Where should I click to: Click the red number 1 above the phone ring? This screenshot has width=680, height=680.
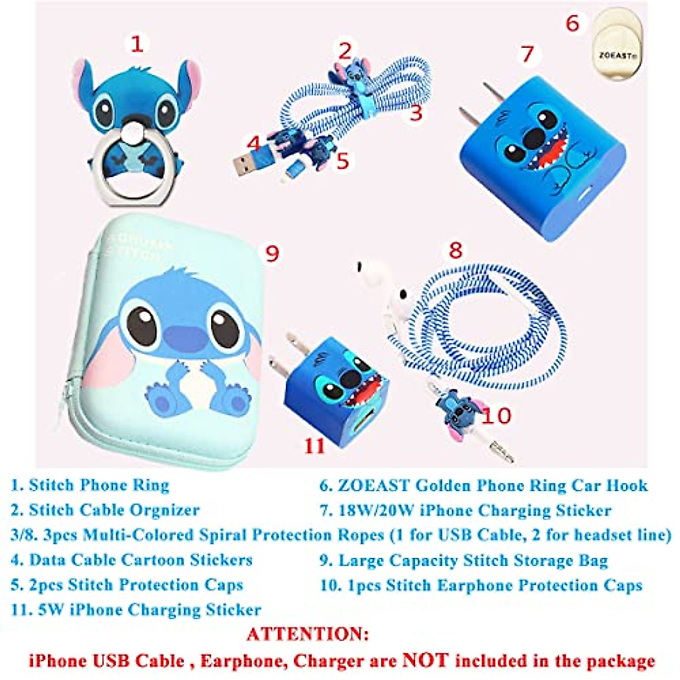(137, 44)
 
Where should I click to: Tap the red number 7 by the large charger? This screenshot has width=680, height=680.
(528, 54)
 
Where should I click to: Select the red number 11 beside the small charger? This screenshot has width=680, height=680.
(314, 445)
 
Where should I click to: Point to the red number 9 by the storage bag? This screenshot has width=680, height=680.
(273, 253)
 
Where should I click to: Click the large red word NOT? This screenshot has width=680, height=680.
(425, 660)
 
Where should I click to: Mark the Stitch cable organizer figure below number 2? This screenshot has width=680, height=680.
(347, 76)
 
